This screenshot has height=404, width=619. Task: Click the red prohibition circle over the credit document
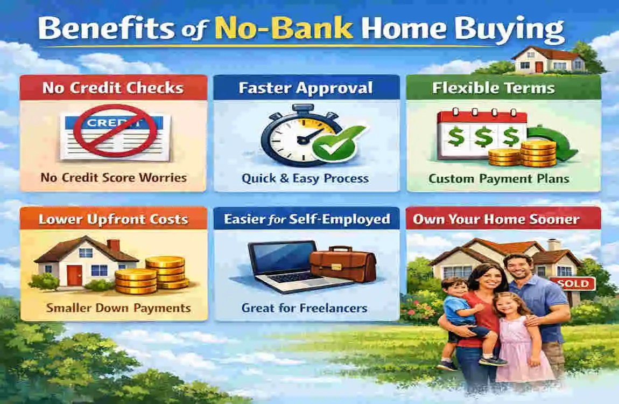tap(115, 131)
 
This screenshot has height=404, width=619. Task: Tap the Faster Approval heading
tap(306, 87)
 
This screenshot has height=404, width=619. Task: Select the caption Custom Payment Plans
tap(499, 178)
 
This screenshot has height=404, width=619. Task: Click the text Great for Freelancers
tap(304, 308)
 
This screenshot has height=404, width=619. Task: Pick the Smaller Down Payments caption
tap(118, 308)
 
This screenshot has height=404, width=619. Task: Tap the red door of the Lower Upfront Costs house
tap(74, 275)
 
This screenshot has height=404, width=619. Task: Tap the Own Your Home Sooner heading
tap(496, 219)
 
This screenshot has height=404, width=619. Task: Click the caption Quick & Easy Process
tap(305, 178)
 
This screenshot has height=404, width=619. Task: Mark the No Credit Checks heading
tap(113, 87)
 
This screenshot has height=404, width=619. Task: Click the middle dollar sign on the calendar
tap(483, 136)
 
